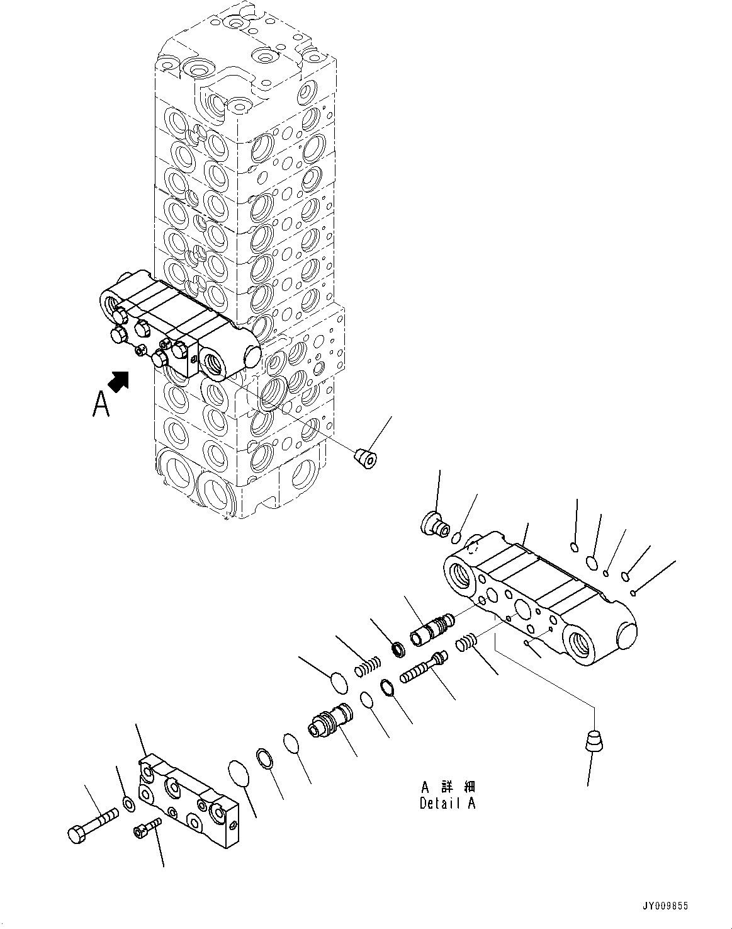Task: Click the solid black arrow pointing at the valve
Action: [x=118, y=381]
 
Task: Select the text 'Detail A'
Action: [x=448, y=804]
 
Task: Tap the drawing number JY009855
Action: [x=665, y=906]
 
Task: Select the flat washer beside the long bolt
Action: [x=128, y=803]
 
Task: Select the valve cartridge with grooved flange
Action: [x=330, y=721]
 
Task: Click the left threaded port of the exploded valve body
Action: [x=461, y=573]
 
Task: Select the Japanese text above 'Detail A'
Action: [x=448, y=787]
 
